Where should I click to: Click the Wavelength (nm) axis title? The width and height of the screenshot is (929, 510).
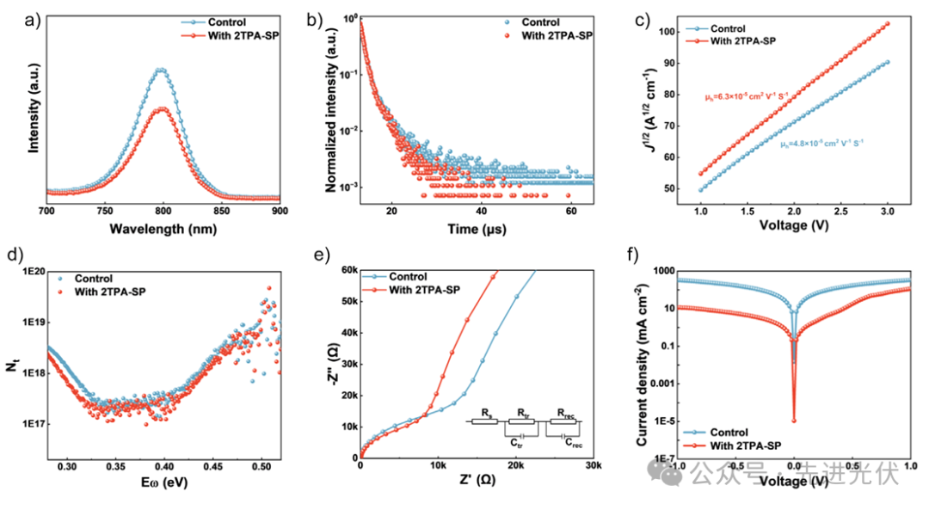[x=163, y=230]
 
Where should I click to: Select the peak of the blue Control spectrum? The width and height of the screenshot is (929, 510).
[x=160, y=70]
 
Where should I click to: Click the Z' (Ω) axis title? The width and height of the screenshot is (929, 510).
[x=476, y=483]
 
